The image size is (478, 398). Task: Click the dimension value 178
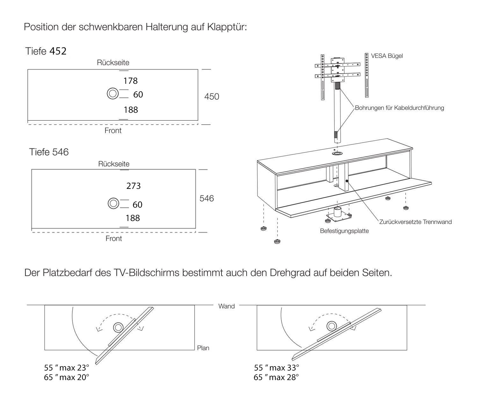coord(130,81)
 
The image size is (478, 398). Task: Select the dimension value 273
coord(133,186)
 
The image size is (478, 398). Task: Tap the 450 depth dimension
coord(212,96)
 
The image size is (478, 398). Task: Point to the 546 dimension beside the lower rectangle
coord(206,198)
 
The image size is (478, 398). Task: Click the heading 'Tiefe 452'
coord(46,51)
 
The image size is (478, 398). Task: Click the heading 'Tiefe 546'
coord(49,152)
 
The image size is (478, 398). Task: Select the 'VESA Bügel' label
coord(387,56)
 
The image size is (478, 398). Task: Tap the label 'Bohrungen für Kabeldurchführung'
coord(399,108)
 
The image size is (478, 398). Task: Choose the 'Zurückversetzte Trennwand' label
coord(415,222)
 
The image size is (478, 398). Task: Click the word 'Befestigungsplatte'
coord(344,231)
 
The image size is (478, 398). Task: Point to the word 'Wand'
coord(227,306)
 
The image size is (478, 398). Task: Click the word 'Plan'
coord(203,348)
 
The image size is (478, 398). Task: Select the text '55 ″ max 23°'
coord(67,368)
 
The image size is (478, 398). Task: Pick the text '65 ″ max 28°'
coord(276,378)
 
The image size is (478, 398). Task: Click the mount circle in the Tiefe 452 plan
coord(112,94)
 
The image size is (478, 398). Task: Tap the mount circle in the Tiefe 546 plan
coord(113,203)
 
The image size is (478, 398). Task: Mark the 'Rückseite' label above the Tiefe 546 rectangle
coord(114,164)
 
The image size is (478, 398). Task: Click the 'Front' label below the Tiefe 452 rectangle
coord(113,131)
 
